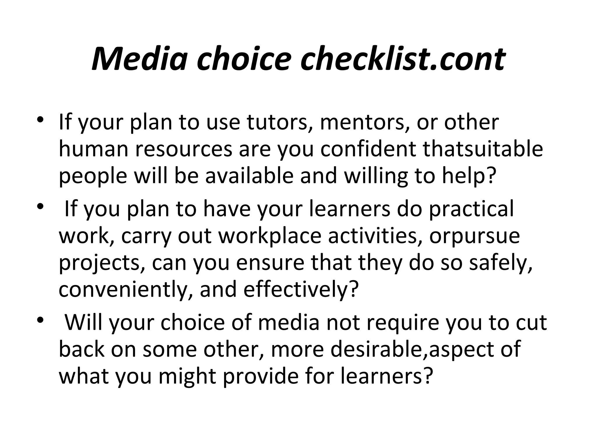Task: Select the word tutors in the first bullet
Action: tap(280, 123)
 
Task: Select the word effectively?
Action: tap(300, 289)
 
